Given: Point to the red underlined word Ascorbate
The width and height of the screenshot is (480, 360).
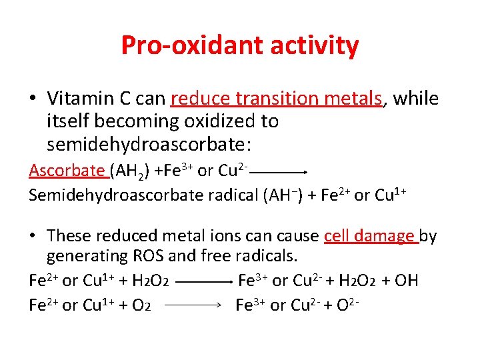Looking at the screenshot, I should pos(67,171).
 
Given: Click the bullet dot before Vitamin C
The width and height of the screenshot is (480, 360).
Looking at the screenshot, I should pos(32,99).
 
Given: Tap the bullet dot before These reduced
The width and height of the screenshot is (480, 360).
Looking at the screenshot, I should pos(32,236).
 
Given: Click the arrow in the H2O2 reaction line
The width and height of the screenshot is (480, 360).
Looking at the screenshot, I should pos(203,281).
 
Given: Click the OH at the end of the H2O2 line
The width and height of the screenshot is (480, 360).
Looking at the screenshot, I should pos(406,281).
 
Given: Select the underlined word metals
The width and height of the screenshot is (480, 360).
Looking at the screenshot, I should pos(359,99).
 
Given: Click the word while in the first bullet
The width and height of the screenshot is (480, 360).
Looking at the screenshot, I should pos(415,99).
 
